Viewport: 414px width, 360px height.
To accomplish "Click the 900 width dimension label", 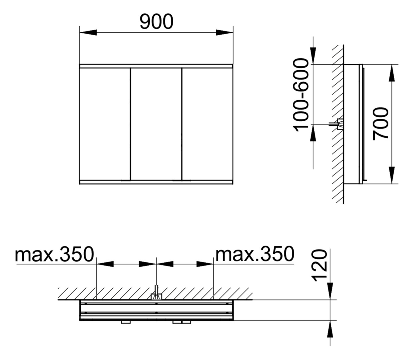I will coord(157,22).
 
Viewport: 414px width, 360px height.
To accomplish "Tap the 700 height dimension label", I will coord(380,123).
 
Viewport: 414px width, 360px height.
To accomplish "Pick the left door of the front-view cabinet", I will coord(105,123).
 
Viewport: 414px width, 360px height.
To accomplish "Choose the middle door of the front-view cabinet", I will coord(156,123).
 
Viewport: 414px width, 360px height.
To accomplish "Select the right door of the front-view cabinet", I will coord(207,123).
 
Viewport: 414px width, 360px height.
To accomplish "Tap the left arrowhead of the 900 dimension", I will coord(88,32).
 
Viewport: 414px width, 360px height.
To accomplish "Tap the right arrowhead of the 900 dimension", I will coord(224,32).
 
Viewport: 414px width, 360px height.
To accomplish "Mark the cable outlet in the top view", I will coord(156,296).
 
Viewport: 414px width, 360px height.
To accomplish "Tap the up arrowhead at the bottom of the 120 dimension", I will coord(330,329).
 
